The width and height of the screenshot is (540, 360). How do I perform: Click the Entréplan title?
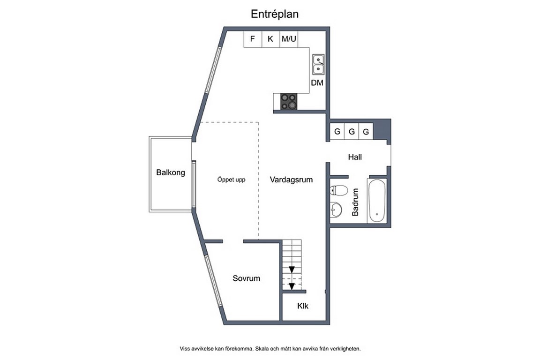point(275,14)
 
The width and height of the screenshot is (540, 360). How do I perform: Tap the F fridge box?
point(253,39)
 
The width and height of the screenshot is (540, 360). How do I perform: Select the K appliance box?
point(270,39)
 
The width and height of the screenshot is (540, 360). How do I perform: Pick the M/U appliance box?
point(289,39)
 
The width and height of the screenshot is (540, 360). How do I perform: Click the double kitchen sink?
point(318,64)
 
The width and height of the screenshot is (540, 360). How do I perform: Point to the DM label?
point(317,82)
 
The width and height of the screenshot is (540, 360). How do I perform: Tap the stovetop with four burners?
point(289,102)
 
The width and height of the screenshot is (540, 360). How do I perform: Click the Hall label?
point(355,157)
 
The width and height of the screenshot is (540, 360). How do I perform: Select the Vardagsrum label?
point(292,180)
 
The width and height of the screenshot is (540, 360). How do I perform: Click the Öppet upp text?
point(232,180)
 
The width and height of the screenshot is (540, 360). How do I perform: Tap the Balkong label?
point(171,172)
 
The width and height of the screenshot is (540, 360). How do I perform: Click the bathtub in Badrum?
point(377,201)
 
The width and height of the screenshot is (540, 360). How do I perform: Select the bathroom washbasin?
point(336,209)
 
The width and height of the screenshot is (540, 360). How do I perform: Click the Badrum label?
point(355,202)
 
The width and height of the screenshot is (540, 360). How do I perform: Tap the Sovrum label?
point(246,278)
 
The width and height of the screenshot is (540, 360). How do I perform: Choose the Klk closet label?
point(303,306)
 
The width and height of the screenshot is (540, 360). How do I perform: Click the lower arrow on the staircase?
point(292,286)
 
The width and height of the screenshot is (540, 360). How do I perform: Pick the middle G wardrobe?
point(352,131)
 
